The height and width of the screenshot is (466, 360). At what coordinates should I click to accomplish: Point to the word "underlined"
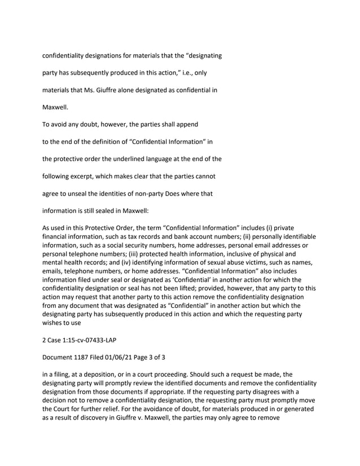[135, 159]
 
